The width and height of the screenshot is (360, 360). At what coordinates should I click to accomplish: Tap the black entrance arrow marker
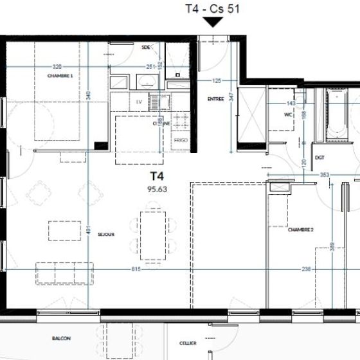pos(212,23)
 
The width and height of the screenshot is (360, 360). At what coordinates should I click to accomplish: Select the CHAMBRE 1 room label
pos(60,76)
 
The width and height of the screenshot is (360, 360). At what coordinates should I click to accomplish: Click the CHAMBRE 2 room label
pos(300,230)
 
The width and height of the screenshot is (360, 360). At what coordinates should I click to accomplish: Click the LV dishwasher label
pos(138,102)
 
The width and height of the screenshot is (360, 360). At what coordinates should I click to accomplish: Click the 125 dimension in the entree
pos(217,80)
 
